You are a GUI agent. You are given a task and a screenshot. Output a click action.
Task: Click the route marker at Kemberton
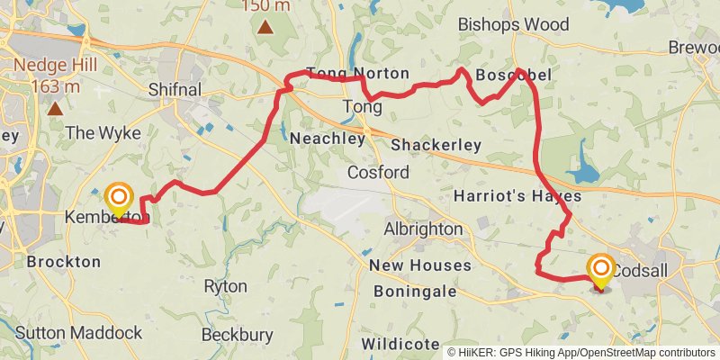click(118, 198)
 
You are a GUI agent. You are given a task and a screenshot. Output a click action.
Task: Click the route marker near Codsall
click(600, 269)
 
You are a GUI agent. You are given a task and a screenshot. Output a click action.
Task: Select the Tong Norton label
click(357, 74)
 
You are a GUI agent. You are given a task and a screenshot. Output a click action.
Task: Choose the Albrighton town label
click(423, 229)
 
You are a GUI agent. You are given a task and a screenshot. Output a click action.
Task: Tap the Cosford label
click(379, 172)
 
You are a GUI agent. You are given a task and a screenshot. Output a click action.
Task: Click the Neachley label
click(327, 139)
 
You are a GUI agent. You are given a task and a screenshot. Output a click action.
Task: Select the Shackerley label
click(436, 145)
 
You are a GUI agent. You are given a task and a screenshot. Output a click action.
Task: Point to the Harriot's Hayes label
click(517, 195)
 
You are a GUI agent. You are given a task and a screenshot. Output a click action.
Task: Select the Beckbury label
click(237, 335)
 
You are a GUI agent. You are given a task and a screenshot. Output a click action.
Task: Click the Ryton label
click(226, 286)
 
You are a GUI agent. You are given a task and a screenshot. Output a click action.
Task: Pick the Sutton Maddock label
click(78, 333)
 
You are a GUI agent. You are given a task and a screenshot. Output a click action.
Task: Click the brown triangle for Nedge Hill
click(56, 109)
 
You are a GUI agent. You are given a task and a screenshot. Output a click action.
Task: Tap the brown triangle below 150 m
click(265, 26)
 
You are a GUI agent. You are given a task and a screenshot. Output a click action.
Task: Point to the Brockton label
click(64, 262)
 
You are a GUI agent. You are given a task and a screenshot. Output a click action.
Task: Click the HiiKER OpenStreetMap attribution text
click(580, 351)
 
